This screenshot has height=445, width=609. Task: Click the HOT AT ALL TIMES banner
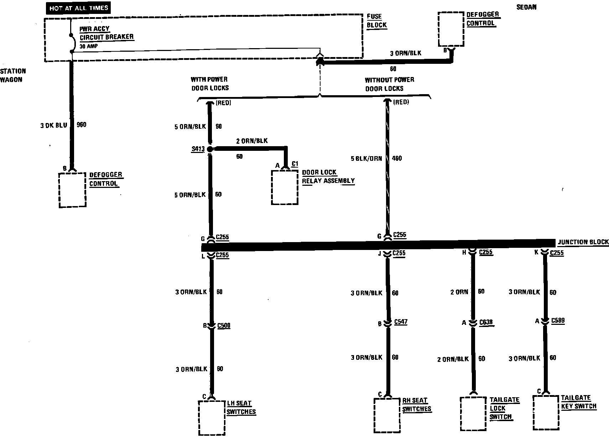(x=78, y=8)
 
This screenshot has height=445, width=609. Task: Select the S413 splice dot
(x=210, y=149)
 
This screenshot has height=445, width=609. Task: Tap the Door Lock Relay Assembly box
(x=285, y=188)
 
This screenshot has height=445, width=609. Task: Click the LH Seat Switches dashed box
(x=212, y=418)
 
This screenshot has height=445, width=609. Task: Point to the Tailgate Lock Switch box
(x=473, y=414)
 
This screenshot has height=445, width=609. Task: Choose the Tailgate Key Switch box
(x=546, y=413)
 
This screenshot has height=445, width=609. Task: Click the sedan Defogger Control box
(x=451, y=29)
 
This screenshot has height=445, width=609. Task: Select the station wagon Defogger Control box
(x=72, y=190)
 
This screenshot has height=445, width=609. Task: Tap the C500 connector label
(x=224, y=326)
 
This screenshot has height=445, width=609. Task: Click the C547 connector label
(x=401, y=322)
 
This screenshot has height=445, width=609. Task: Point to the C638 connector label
(x=486, y=322)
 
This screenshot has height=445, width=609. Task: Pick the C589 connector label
(x=558, y=321)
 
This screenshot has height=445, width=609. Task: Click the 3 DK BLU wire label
(x=53, y=125)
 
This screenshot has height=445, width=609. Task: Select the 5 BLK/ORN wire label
(x=366, y=158)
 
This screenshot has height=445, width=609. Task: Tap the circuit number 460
(x=397, y=158)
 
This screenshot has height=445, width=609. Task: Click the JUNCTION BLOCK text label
(x=583, y=242)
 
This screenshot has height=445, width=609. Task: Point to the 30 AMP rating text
(x=89, y=46)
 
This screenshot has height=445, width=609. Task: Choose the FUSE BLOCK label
(x=376, y=21)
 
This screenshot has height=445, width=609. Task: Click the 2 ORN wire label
(x=459, y=292)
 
